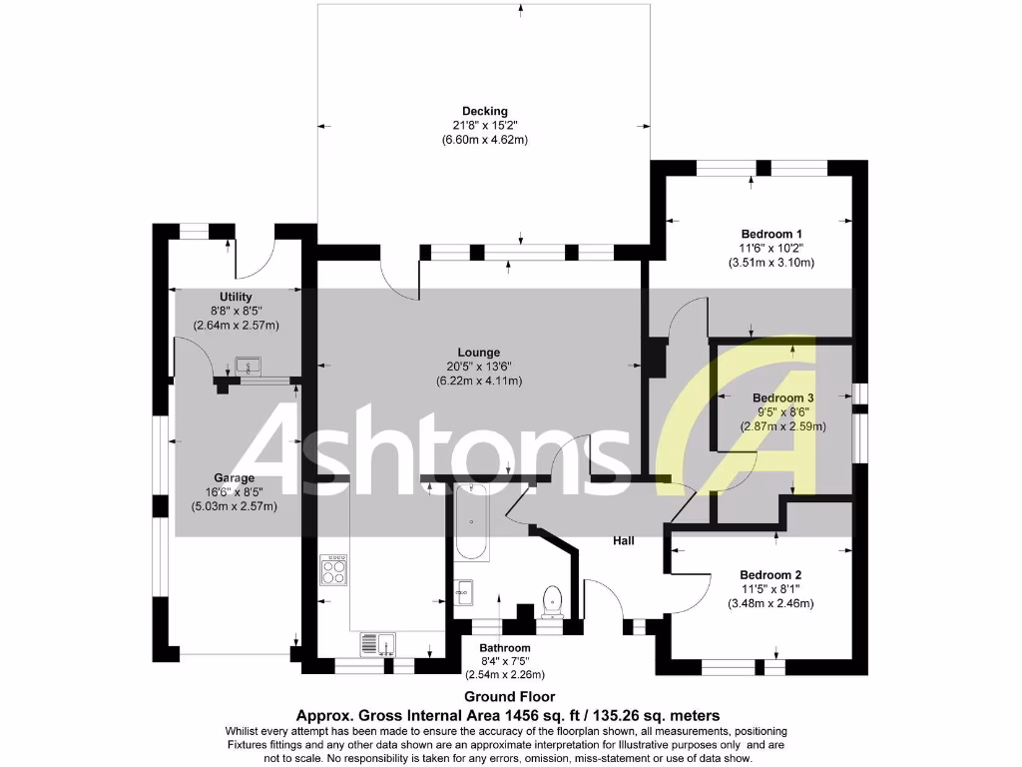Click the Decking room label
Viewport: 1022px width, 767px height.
click(484, 111)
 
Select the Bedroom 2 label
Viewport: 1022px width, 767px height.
click(770, 575)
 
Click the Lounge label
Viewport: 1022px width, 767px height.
click(478, 353)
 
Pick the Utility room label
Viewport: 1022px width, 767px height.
click(236, 297)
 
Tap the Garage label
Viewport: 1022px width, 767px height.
click(234, 477)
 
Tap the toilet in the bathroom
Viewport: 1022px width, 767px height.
click(551, 601)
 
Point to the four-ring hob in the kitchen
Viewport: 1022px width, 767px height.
click(333, 570)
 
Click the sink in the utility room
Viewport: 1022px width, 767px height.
click(248, 366)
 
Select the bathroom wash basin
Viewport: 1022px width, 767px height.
click(463, 591)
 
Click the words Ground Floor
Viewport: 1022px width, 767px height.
click(509, 697)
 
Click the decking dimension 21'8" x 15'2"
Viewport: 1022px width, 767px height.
click(484, 126)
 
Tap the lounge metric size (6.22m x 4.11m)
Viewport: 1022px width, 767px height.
click(478, 381)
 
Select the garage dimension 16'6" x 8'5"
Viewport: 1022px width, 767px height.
click(234, 492)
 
